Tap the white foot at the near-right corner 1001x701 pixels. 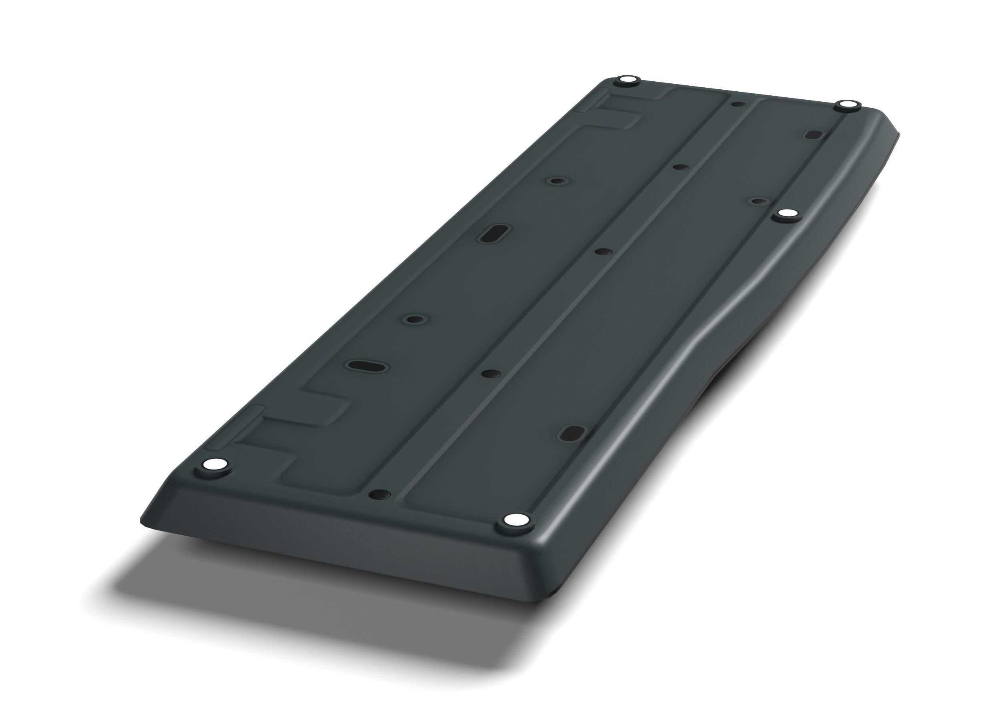pos(515,520)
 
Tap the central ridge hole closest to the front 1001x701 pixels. pos(380,494)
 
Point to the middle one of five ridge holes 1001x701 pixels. pos(603,252)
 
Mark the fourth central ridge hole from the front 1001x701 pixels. pos(681,167)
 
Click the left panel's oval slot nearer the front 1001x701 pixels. pos(367,365)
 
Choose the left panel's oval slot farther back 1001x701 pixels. pos(494,233)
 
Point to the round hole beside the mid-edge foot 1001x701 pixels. pos(760,201)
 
